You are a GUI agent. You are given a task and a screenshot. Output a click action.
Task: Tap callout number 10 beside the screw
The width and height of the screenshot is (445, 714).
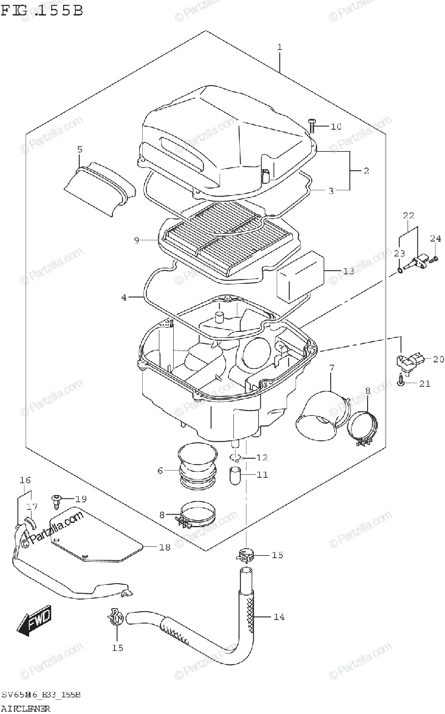(x=336, y=126)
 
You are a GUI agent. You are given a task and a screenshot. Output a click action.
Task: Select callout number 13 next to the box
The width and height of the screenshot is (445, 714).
(x=348, y=271)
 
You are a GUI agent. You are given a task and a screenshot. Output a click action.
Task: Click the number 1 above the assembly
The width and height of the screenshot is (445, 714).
(x=280, y=48)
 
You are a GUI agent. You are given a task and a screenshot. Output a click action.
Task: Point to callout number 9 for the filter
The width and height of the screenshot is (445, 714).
(x=136, y=240)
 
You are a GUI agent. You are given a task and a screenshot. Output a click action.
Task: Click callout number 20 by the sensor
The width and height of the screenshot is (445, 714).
(x=422, y=359)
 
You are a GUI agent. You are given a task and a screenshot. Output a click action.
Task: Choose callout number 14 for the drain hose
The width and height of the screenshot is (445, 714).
(x=278, y=617)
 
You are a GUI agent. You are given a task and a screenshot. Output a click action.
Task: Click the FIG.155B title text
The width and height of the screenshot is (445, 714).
(x=42, y=10)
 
